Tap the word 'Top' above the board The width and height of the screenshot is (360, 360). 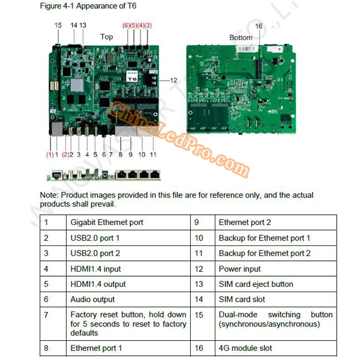point(106,37)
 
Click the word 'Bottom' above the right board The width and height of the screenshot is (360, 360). point(241,38)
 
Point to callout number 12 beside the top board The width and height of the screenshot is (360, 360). point(173,80)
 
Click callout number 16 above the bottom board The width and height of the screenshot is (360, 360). point(259,26)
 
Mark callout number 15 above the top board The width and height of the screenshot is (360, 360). point(58,25)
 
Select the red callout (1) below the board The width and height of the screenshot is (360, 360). point(50,155)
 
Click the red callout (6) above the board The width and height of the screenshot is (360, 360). point(126,25)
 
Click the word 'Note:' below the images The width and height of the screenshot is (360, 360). point(50,196)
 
